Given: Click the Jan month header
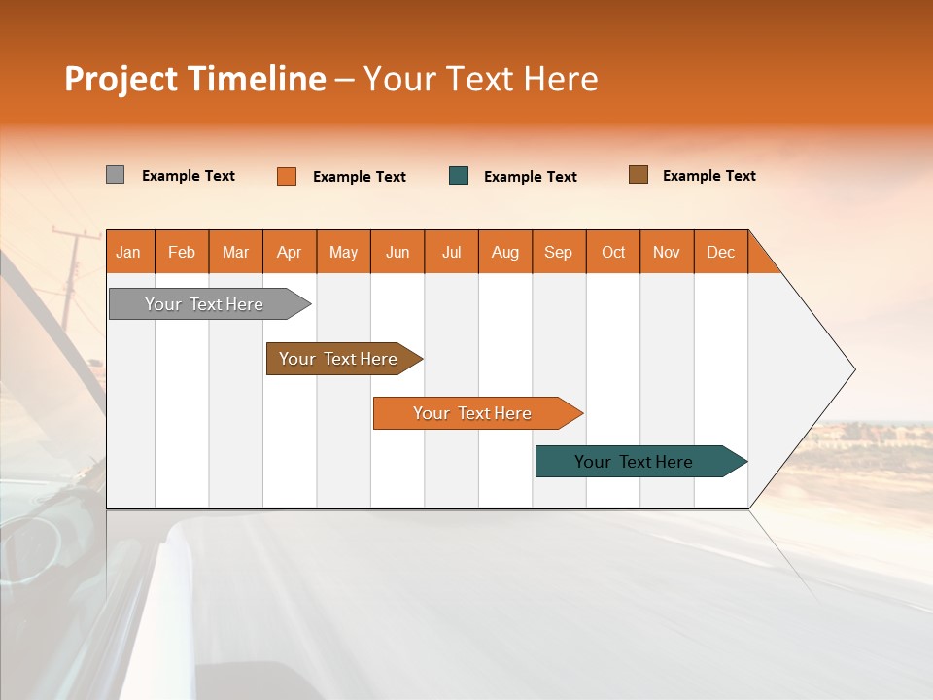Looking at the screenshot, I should tap(129, 252).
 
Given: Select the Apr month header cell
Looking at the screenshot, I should tap(290, 252).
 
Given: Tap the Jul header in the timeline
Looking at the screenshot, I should tap(451, 252).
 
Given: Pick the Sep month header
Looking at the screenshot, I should tap(559, 252).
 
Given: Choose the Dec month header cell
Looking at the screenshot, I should tap(720, 252).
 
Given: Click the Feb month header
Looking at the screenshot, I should tap(182, 252).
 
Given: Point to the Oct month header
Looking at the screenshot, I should tap(613, 252).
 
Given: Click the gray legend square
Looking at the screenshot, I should tap(115, 175).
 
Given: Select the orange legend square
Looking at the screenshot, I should tap(287, 176).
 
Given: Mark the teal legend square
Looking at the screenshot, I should tap(459, 176).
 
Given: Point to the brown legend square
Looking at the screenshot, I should tap(639, 175).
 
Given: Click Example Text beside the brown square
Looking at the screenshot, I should tap(708, 176).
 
